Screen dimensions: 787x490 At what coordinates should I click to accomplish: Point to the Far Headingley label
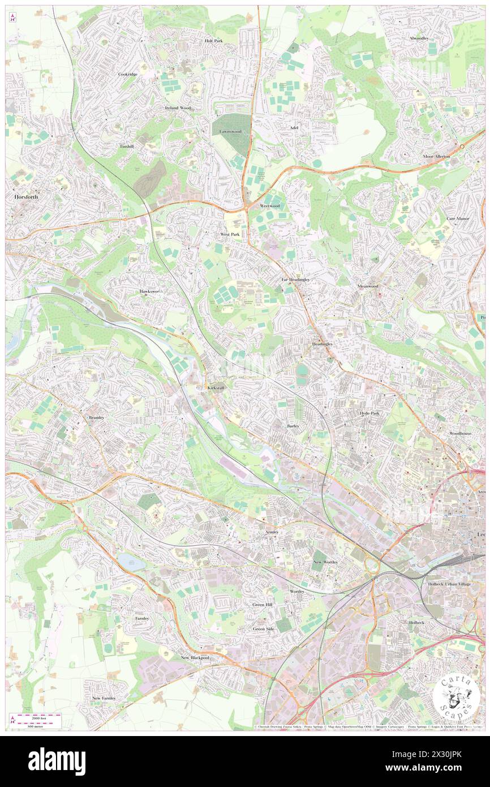point(295,280)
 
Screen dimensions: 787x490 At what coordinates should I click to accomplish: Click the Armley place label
point(272,532)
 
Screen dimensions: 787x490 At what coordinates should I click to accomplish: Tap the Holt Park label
point(214,41)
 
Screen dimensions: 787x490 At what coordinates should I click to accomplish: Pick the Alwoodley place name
point(419,38)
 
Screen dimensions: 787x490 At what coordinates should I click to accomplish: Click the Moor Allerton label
point(436,156)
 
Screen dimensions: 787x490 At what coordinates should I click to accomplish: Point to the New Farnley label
point(104,698)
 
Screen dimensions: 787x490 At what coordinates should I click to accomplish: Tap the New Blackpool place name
point(195,658)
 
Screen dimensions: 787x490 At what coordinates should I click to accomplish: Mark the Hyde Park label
point(370,413)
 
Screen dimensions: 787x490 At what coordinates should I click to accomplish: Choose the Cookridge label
point(128,74)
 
